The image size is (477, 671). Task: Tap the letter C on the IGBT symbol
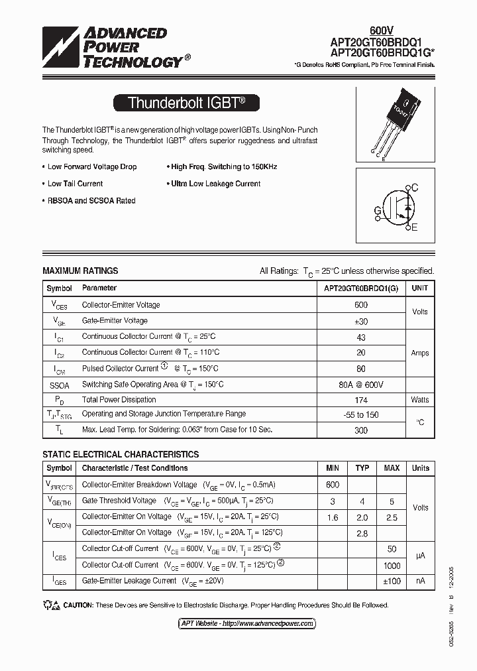415,188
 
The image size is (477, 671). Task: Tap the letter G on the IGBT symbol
378,211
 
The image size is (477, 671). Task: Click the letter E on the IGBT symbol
415,228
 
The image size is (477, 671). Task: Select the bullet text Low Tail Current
75,184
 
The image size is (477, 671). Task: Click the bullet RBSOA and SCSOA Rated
91,201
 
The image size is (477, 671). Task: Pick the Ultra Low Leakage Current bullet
215,184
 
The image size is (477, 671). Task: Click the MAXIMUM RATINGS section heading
80,271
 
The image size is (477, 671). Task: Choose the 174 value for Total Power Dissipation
361,400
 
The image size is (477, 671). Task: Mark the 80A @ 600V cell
361,385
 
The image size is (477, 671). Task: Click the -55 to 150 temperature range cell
361,414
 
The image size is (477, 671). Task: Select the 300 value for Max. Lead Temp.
361,430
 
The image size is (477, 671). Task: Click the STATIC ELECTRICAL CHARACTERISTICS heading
121,455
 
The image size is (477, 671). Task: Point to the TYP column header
362,468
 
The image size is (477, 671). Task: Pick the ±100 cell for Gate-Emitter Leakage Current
392,581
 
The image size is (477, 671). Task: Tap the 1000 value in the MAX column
392,566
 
